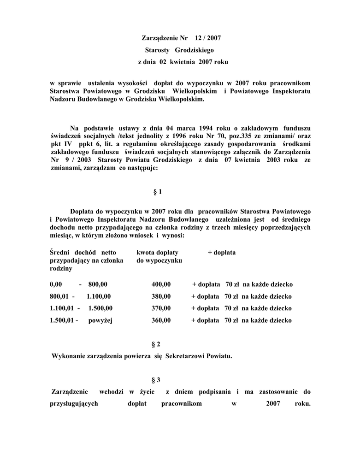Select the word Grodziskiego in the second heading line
(x=195, y=49)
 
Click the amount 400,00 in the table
(x=161, y=284)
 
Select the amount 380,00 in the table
(x=161, y=296)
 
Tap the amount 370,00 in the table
(x=161, y=308)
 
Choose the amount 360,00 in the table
(x=161, y=320)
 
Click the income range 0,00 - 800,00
(x=78, y=284)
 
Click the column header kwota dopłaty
(x=157, y=253)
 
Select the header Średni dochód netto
(x=83, y=253)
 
